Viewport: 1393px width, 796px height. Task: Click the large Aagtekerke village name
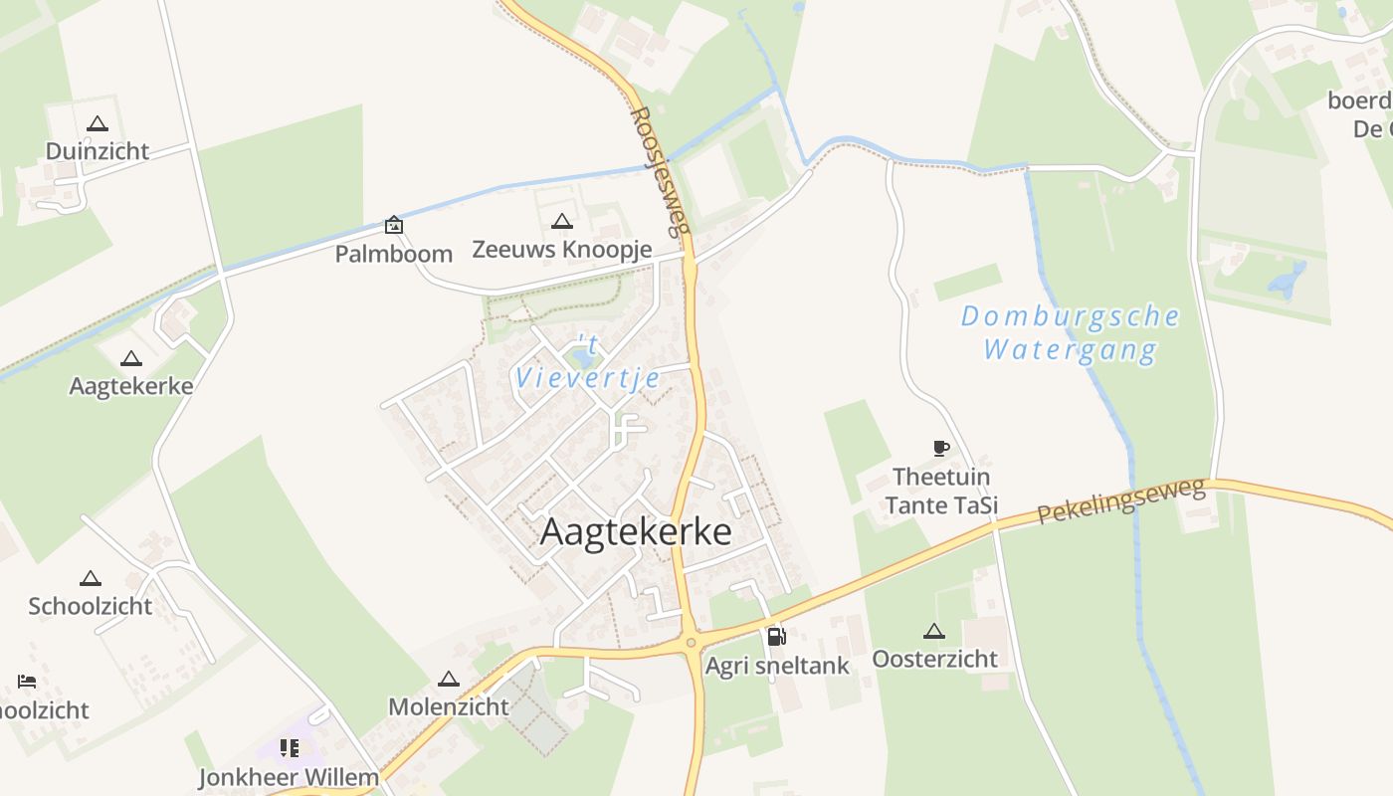[x=636, y=531]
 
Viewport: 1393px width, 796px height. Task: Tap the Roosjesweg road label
[x=660, y=171]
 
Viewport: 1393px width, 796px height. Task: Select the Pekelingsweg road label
[x=1121, y=500]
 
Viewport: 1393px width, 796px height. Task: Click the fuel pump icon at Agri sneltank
[x=776, y=636]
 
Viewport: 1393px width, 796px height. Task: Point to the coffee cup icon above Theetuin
[x=941, y=448]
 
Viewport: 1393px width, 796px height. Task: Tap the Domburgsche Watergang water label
[x=1071, y=333]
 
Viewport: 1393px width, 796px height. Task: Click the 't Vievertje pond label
[x=588, y=362]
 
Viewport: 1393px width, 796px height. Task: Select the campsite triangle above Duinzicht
[x=97, y=124]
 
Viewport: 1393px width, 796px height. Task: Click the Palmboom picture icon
[x=394, y=225]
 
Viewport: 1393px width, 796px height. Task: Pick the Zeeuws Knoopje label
[x=561, y=249]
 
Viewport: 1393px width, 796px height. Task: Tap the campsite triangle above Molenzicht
[x=448, y=680]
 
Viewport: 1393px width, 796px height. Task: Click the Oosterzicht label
[x=934, y=659]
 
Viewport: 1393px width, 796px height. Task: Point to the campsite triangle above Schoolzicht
[x=91, y=578]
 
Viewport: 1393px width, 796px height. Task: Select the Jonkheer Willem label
[x=289, y=777]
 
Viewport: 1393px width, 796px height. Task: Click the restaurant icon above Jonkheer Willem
[x=290, y=747]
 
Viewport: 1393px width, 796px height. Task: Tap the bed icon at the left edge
[x=27, y=682]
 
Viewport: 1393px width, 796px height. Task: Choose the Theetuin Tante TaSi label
[x=941, y=492]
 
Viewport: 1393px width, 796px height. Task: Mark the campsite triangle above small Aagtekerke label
[x=130, y=359]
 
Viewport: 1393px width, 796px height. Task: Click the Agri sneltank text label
[x=777, y=666]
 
